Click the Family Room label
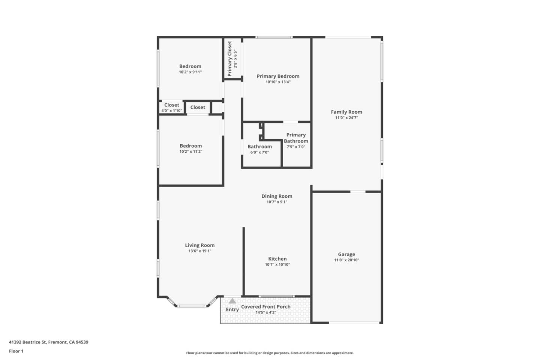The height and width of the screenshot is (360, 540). [346, 112]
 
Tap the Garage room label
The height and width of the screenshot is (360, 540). [346, 254]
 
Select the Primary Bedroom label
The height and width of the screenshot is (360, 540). [278, 76]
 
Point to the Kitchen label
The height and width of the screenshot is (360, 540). [277, 259]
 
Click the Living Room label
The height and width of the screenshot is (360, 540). [200, 245]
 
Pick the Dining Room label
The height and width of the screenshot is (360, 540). [277, 196]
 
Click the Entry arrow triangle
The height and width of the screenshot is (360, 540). [232, 301]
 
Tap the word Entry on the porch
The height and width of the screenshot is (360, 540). [232, 309]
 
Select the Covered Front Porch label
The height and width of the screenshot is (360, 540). [265, 306]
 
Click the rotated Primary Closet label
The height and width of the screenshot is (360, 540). [229, 58]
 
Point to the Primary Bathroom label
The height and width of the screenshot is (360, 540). [296, 138]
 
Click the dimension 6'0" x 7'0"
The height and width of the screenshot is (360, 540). [259, 152]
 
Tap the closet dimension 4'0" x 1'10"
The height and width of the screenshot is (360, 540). [172, 111]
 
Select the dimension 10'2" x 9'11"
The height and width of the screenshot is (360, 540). [190, 72]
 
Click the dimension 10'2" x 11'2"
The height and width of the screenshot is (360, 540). [190, 151]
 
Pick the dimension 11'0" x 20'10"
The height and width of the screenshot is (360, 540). [346, 260]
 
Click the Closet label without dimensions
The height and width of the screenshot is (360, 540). [198, 107]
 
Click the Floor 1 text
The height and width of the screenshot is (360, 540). [16, 351]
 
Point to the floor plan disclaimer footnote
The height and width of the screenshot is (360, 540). [270, 353]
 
